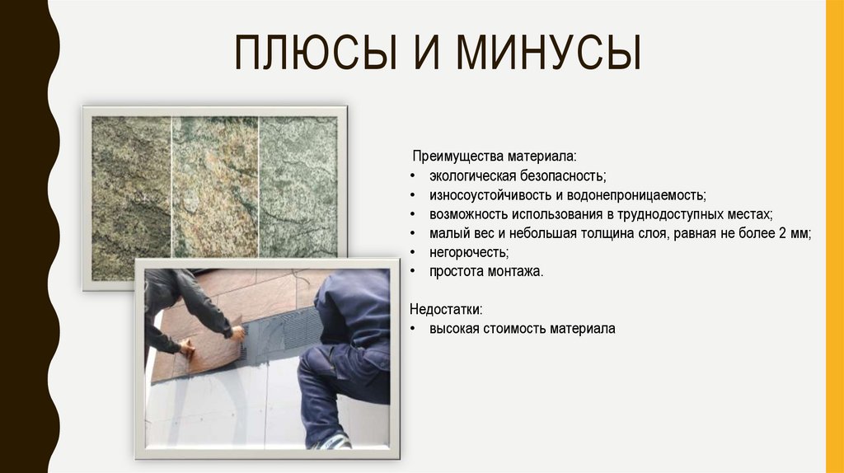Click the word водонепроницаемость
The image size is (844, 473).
(x=629, y=195)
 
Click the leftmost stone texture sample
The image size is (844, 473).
(x=130, y=198)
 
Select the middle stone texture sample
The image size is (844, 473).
(x=214, y=185)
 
